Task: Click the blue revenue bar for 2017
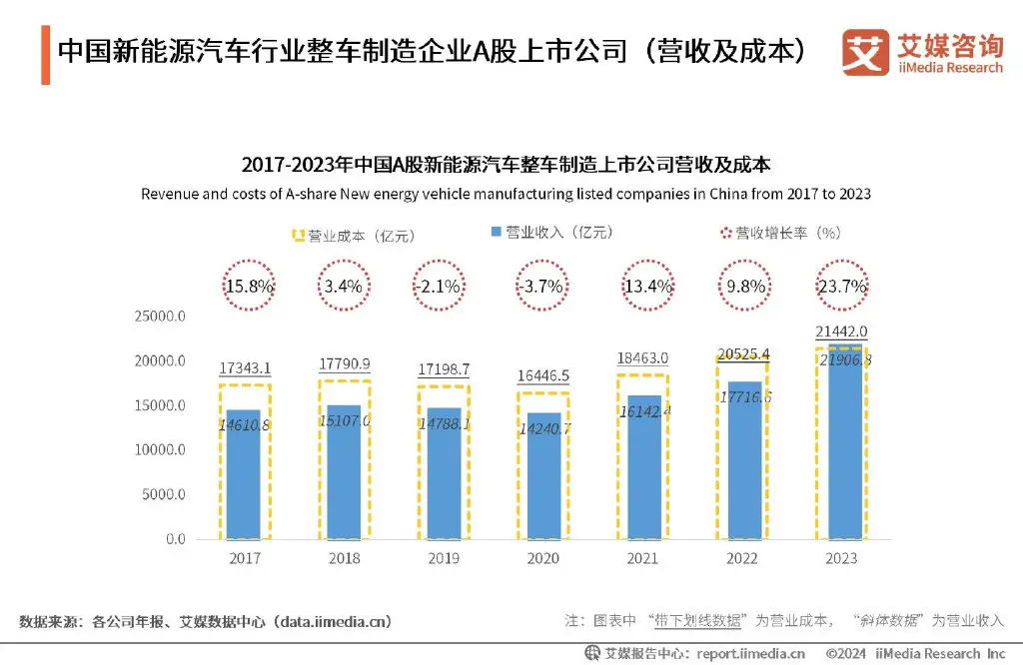(245, 474)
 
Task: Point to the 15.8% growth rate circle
(246, 287)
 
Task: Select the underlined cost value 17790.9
(345, 363)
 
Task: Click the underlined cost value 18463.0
(643, 357)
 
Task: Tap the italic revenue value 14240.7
(544, 428)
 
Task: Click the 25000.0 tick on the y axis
(161, 317)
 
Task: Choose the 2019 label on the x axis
(444, 559)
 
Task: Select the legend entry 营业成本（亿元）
(353, 236)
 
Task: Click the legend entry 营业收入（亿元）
(550, 233)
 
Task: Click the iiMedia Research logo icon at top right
(865, 52)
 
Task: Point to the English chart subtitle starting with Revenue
(506, 194)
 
